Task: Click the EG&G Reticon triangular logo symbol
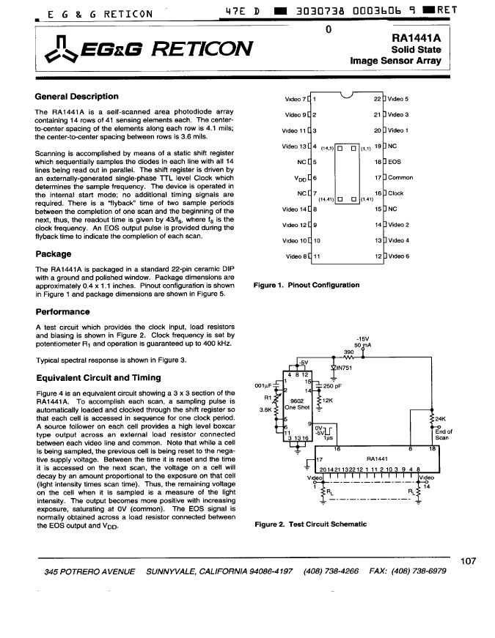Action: [x=61, y=50]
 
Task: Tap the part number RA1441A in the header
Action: [x=416, y=38]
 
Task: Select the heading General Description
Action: [x=76, y=97]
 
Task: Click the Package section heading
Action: [x=54, y=254]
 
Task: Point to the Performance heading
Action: [x=63, y=312]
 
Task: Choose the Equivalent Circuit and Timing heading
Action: [x=98, y=377]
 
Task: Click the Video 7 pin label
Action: [x=296, y=100]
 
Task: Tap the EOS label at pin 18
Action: [x=395, y=162]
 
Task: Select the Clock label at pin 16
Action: [x=395, y=193]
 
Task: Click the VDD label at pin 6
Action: [x=300, y=178]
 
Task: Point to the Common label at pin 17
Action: [x=400, y=177]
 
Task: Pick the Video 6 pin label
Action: [x=398, y=256]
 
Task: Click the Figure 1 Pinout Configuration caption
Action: [x=307, y=285]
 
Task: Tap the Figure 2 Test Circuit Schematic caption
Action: [x=310, y=524]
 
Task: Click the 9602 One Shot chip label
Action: [x=297, y=404]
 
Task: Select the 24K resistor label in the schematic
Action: [x=441, y=419]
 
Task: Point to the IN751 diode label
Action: [x=344, y=368]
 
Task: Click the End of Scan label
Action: [x=443, y=434]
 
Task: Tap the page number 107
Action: [x=468, y=561]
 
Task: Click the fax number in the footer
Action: [x=408, y=571]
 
